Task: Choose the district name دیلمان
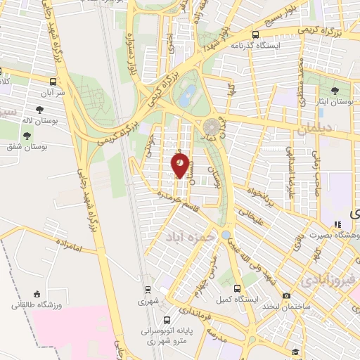coord(317,129)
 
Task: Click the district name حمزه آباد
coord(188,238)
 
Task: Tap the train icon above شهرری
coord(148,289)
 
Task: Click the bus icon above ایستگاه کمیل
coord(238,289)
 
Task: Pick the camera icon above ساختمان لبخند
coord(285,296)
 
